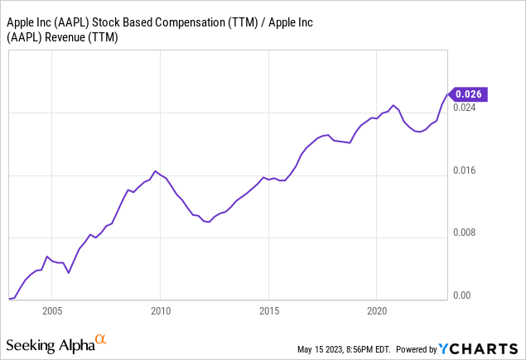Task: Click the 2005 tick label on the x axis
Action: pos(51,311)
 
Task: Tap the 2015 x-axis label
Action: pos(268,311)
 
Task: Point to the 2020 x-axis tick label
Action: pos(377,311)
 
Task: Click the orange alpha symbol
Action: pos(100,339)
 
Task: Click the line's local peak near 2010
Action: pos(156,170)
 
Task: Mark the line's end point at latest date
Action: pos(447,94)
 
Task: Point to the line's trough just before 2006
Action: pos(69,272)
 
